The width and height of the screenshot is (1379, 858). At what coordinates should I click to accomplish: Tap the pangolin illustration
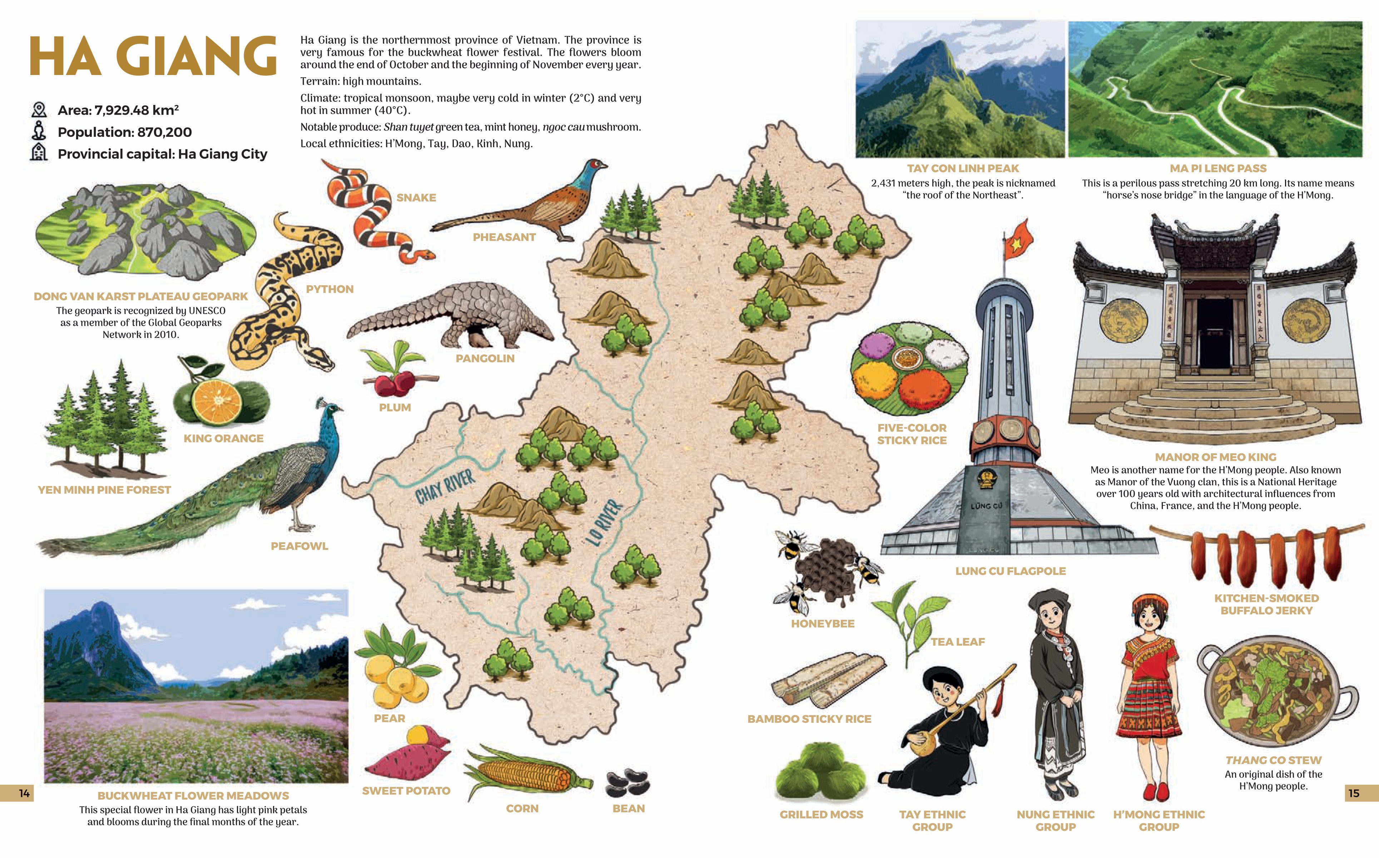coord(454,315)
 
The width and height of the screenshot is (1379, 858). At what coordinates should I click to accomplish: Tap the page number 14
coord(24,793)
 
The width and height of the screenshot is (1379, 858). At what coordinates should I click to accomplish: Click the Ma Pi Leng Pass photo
coord(1215,89)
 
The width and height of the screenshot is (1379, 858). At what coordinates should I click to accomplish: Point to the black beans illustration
coord(628,783)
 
